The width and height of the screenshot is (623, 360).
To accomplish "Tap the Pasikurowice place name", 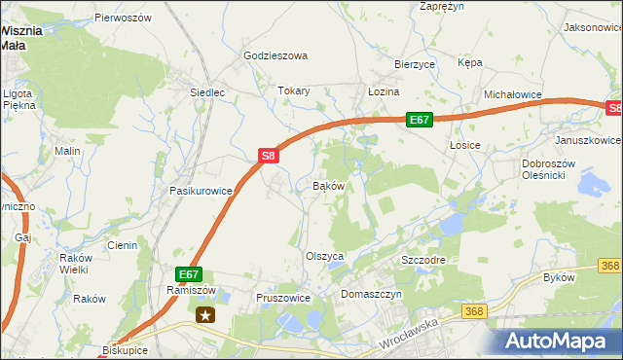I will (x=202, y=191).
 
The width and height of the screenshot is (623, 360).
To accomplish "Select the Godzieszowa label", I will (x=275, y=55).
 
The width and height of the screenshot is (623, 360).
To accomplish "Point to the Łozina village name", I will (x=384, y=90).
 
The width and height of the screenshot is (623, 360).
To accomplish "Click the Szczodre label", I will (x=423, y=261).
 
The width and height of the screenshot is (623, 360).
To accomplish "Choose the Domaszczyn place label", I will (x=372, y=293).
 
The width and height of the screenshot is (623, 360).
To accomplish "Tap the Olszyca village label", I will (x=326, y=256).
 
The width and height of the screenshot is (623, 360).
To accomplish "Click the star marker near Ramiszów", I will (x=205, y=314).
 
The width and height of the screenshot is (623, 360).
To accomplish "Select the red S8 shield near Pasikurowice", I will (x=270, y=155).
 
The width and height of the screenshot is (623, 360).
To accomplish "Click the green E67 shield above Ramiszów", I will (x=189, y=275).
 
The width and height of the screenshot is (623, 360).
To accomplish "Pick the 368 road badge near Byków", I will (x=610, y=266).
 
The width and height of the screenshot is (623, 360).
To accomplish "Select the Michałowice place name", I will (x=513, y=94).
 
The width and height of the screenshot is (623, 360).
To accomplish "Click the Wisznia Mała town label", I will (x=21, y=37).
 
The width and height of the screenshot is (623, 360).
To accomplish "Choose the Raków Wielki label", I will (x=74, y=264).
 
